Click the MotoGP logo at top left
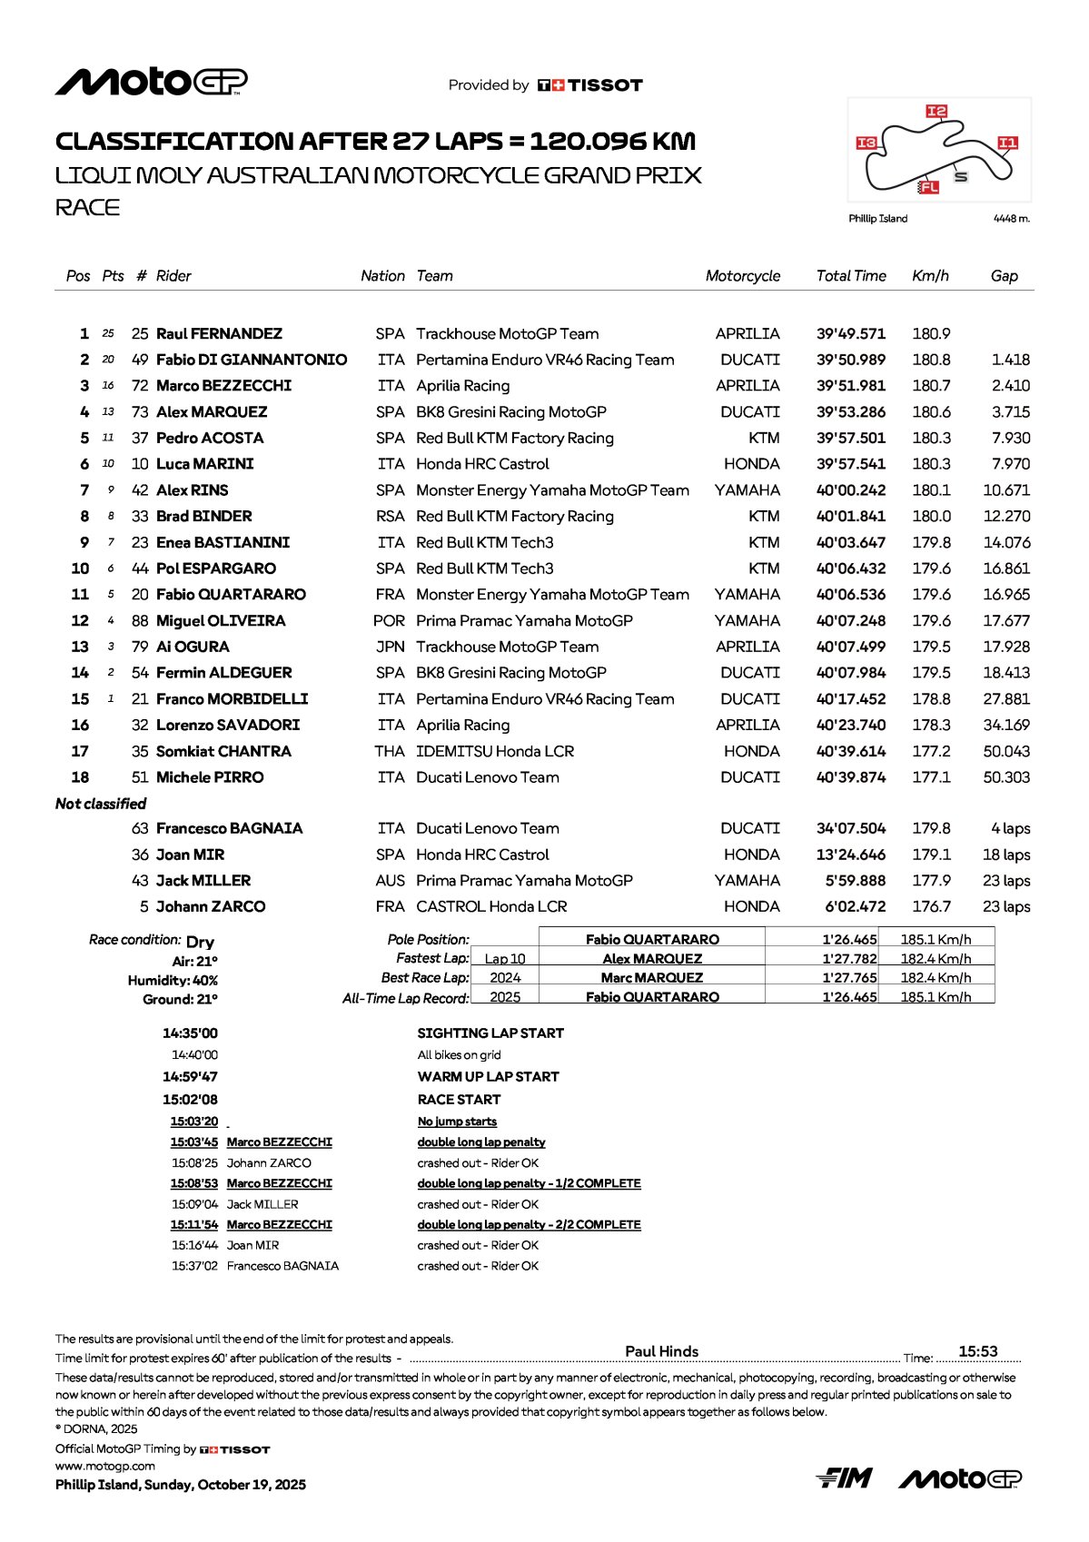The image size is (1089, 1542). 151,82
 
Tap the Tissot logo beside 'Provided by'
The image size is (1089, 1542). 590,85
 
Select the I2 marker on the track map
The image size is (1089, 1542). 936,111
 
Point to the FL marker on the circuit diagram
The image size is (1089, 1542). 928,187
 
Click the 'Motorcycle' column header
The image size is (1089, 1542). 742,276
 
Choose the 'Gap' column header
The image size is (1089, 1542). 1004,276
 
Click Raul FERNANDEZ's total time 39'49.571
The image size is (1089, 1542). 850,334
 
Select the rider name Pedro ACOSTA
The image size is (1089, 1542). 210,439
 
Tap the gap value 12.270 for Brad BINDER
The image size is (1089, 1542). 1006,517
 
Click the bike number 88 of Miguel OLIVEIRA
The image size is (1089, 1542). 140,621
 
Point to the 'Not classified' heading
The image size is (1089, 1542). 101,804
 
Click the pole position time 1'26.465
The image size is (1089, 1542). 849,940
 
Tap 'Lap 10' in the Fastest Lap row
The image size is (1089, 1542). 504,959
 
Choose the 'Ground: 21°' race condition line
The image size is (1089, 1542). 180,1000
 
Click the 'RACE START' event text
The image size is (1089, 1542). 459,1100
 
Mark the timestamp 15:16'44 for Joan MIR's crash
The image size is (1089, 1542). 194,1246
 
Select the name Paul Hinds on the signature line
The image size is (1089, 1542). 662,1351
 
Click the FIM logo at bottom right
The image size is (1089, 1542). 844,1478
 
